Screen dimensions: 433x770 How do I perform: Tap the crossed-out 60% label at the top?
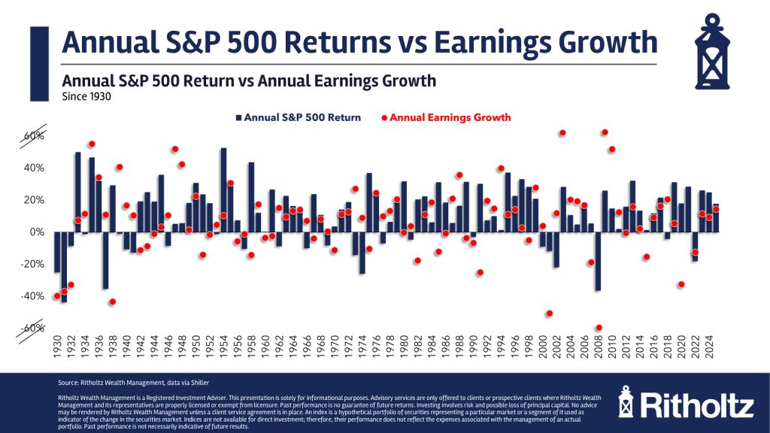pos(33,136)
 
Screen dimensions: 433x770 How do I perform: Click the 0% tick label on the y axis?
pos(36,232)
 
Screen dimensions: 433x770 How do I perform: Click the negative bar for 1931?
pos(65,267)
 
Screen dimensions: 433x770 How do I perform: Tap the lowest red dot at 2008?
pos(599,328)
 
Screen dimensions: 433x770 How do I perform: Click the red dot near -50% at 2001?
pos(550,313)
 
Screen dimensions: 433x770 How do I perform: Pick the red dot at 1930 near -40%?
pos(57,296)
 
